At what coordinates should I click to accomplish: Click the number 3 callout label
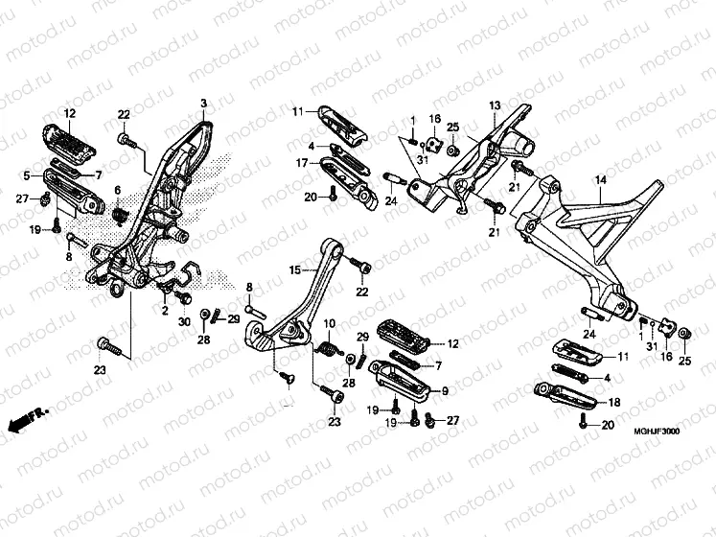(203, 103)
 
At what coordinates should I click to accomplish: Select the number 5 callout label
(26, 175)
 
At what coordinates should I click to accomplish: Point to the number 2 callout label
(164, 312)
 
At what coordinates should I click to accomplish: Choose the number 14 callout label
(600, 180)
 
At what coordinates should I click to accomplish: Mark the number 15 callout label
(295, 271)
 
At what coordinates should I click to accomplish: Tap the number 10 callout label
(329, 322)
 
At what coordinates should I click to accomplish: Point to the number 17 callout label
(301, 163)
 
